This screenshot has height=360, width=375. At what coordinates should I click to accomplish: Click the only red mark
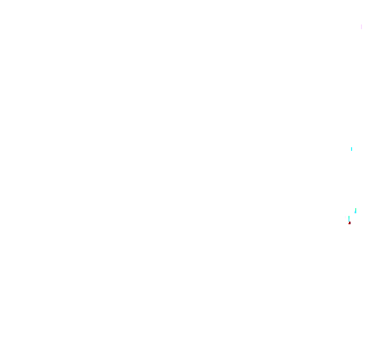click(x=349, y=223)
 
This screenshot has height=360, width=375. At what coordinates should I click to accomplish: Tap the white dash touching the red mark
click(x=351, y=223)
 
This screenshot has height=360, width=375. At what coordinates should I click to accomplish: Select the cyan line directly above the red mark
click(x=349, y=219)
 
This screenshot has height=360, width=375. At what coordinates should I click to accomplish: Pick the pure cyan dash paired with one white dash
click(x=352, y=149)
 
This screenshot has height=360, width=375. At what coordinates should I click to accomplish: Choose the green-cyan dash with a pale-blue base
click(x=356, y=210)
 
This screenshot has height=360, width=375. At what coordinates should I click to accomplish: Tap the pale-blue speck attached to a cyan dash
click(x=355, y=212)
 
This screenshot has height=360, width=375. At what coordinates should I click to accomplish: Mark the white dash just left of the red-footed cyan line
click(x=345, y=217)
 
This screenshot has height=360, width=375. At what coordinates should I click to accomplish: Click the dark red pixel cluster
click(x=349, y=223)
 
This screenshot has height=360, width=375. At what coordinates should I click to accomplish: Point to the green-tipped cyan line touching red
click(x=349, y=219)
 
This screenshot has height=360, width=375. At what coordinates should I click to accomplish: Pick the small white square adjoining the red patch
click(x=351, y=223)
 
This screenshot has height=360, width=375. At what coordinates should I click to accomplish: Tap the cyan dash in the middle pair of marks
click(x=352, y=149)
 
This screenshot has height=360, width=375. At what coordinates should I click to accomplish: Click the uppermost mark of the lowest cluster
click(x=356, y=210)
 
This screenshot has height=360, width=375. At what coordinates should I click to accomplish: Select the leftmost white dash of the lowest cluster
click(x=345, y=217)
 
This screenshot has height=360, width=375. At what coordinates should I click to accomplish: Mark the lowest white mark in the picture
click(x=351, y=223)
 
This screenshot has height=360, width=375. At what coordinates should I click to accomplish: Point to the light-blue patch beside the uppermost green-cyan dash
click(x=355, y=212)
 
